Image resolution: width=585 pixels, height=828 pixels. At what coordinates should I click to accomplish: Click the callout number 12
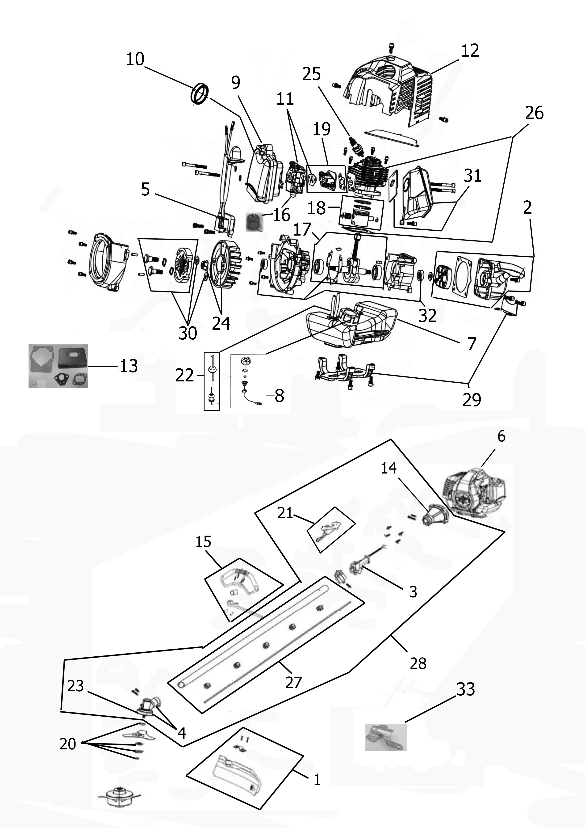pos(470,51)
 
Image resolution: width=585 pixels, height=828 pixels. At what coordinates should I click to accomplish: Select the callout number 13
pos(129,366)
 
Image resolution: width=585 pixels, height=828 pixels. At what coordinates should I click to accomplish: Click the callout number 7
pos(472,344)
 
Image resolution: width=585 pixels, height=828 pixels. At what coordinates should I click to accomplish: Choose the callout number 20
pos(68,744)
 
